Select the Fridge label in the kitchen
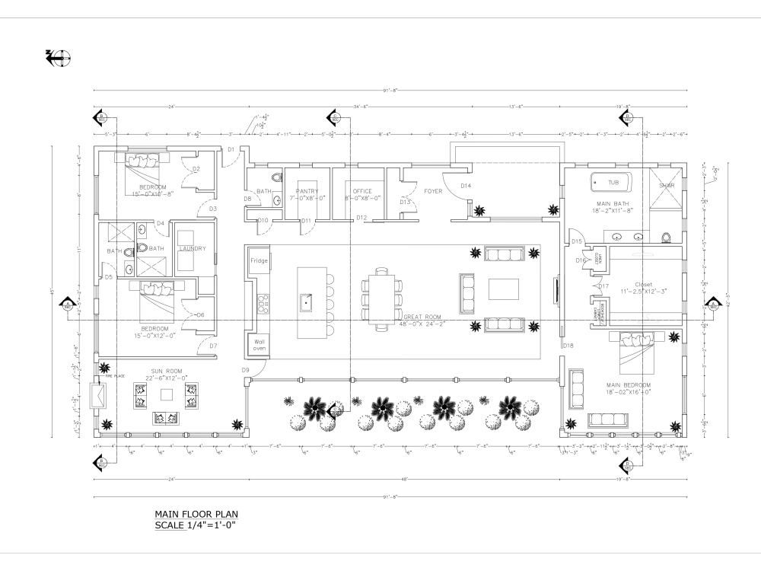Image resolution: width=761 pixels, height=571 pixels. point(259,261)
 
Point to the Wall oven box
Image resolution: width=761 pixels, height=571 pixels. point(259,346)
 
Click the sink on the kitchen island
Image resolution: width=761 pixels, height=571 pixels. point(307,302)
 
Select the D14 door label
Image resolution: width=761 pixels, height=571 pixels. point(466,186)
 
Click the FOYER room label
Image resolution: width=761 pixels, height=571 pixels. point(433,191)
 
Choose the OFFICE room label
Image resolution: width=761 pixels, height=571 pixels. point(361,191)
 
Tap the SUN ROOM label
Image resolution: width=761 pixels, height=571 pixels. point(166,371)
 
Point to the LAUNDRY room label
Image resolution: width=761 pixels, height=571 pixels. point(193,248)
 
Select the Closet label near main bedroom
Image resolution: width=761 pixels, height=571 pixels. point(644,285)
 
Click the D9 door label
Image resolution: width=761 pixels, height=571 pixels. point(246,370)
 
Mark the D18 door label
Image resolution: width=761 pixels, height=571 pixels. point(567,346)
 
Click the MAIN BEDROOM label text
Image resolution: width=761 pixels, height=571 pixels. point(629,385)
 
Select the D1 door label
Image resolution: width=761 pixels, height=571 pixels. point(231,149)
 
